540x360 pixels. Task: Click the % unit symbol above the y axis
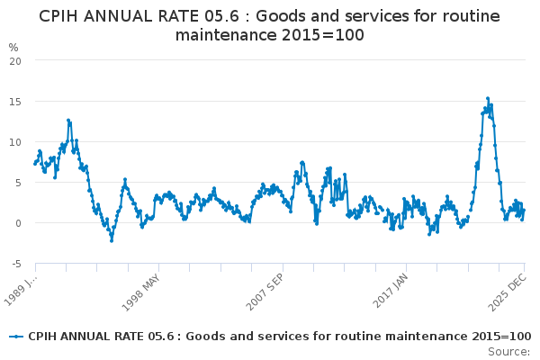[x=13, y=47]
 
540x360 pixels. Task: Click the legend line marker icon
[x=16, y=336]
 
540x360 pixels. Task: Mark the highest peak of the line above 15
[x=487, y=99]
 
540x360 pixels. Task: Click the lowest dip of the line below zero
[x=112, y=240]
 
